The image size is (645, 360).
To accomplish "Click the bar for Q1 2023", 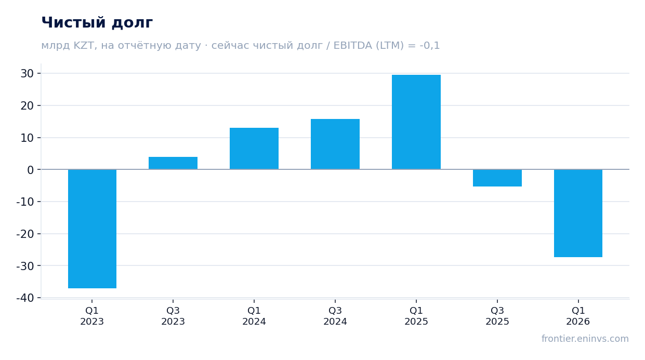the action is [92, 229].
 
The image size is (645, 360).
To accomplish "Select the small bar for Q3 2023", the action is [173, 163].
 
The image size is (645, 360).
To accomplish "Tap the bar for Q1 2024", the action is [254, 149].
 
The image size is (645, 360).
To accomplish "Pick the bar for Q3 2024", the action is [335, 144].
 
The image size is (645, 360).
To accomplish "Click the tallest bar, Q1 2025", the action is [416, 122].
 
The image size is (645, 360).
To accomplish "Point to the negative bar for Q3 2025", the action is [497, 178].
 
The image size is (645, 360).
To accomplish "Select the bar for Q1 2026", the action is [578, 213].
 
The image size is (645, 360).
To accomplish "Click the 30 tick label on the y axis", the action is [27, 74].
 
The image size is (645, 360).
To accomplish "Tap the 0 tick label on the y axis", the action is [31, 170].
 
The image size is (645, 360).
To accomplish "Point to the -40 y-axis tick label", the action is [25, 298].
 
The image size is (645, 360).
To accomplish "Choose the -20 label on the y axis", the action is [25, 234].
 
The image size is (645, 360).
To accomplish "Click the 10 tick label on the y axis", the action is [27, 138].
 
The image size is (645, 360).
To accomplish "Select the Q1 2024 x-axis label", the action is [254, 316].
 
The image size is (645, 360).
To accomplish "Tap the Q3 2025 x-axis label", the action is [497, 316].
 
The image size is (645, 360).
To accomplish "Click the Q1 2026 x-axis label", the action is [578, 316].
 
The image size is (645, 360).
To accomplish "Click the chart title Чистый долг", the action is [97, 22].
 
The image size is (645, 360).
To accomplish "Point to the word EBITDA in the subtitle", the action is [353, 46].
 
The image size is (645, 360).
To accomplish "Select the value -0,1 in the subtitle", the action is [430, 46].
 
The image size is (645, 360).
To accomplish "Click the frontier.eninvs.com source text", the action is [585, 339].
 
